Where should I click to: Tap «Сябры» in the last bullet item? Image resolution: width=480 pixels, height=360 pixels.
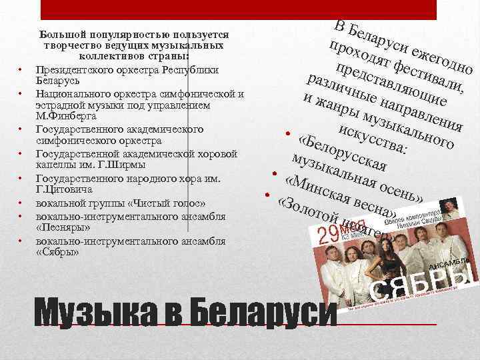[57, 252]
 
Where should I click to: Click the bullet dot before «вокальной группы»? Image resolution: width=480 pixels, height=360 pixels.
[21, 203]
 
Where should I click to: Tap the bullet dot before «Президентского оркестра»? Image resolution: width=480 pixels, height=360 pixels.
[21, 69]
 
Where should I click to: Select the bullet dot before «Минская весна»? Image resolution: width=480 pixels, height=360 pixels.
[274, 175]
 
